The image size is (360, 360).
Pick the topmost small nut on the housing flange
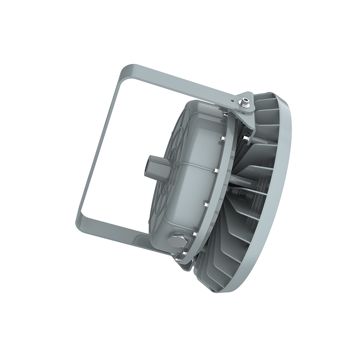point(225,115)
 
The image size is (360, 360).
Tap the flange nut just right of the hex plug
point(195,234)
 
